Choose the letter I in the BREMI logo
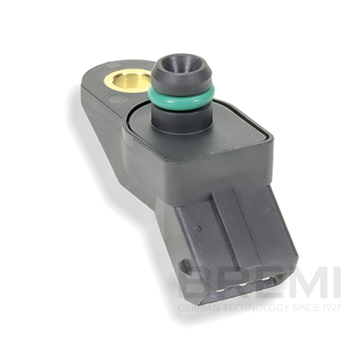[336, 282]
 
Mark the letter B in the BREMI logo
[197, 282]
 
